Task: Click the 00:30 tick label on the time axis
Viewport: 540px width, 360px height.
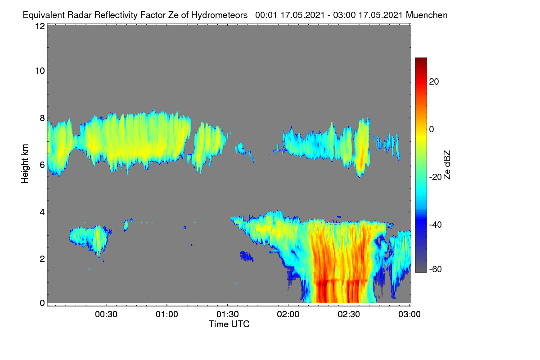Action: (x=106, y=315)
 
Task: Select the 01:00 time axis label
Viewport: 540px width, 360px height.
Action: (x=167, y=315)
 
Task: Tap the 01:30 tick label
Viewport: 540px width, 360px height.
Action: (x=228, y=315)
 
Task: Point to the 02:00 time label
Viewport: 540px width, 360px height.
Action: (x=288, y=315)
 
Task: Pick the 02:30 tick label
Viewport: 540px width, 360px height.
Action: (x=349, y=315)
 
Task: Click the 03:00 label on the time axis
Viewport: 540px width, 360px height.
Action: (x=409, y=315)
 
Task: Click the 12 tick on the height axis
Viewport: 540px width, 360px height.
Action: (x=40, y=26)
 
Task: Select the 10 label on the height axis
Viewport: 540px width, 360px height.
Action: (x=40, y=71)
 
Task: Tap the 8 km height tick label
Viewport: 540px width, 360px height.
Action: (x=42, y=118)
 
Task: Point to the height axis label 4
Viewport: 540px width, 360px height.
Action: (x=42, y=212)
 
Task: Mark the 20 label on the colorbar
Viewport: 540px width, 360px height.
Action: (x=434, y=82)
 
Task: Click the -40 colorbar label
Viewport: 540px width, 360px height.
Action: (x=436, y=225)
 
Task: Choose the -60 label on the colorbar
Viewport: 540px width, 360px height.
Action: (x=436, y=269)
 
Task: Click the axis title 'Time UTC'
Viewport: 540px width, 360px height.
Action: (x=229, y=324)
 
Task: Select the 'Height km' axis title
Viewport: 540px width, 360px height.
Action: (x=25, y=164)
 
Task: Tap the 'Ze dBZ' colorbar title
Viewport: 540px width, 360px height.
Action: (x=447, y=165)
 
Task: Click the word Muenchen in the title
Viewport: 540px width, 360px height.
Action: (x=427, y=15)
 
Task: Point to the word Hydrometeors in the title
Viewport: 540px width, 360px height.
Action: (x=219, y=15)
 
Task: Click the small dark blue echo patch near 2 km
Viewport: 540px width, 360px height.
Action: (x=247, y=256)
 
